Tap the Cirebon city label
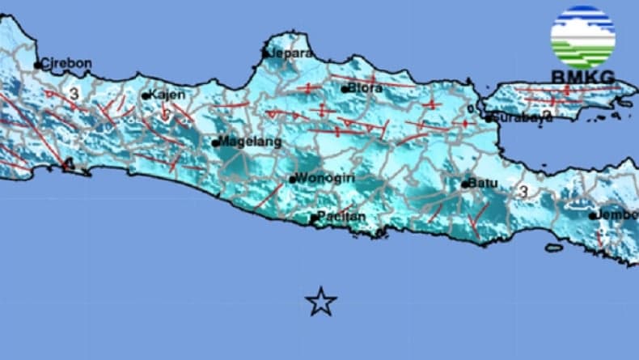pos(66,63)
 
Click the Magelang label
pos(252,142)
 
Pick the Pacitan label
pos(341,216)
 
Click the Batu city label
pos(484,184)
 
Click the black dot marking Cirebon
pos(37,65)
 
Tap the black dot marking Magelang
pos(216,143)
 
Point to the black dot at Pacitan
pos(313,218)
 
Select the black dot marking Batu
pos(465,184)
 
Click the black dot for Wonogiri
pos(292,180)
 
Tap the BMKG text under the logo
pos(582,77)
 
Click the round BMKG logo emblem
pos(582,36)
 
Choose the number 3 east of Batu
pos(523,192)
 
